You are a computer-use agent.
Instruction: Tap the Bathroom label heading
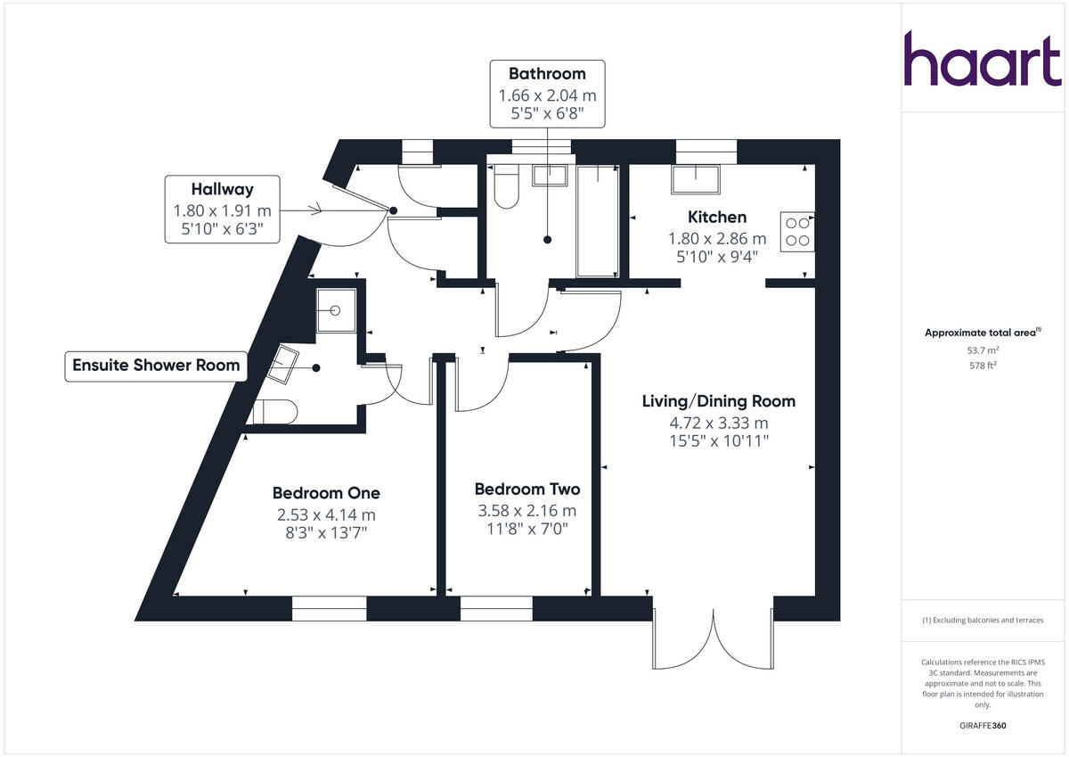pyautogui.click(x=547, y=74)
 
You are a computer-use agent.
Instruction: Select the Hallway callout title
pyautogui.click(x=222, y=189)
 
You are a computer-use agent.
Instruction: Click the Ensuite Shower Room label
pyautogui.click(x=156, y=365)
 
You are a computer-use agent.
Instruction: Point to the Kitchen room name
pyautogui.click(x=716, y=217)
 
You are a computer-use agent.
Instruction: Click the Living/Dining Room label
pyautogui.click(x=718, y=401)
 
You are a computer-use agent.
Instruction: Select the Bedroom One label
pyautogui.click(x=326, y=493)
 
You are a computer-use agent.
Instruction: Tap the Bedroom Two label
pyautogui.click(x=526, y=490)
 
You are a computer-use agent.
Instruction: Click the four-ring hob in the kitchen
pyautogui.click(x=797, y=231)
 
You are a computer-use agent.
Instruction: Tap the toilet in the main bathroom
pyautogui.click(x=505, y=187)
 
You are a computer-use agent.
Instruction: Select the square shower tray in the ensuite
pyautogui.click(x=336, y=311)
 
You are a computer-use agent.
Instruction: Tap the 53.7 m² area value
pyautogui.click(x=983, y=350)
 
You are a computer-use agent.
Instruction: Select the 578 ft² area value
pyautogui.click(x=983, y=366)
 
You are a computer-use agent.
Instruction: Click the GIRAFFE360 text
pyautogui.click(x=983, y=726)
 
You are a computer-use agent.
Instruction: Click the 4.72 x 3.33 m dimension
pyautogui.click(x=718, y=424)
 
